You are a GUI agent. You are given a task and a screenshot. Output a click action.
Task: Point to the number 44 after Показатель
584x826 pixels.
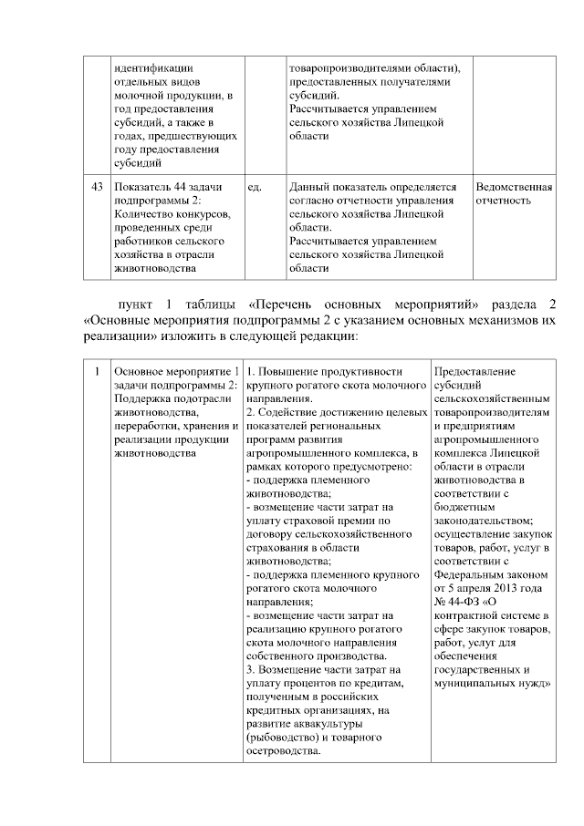click(174, 186)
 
